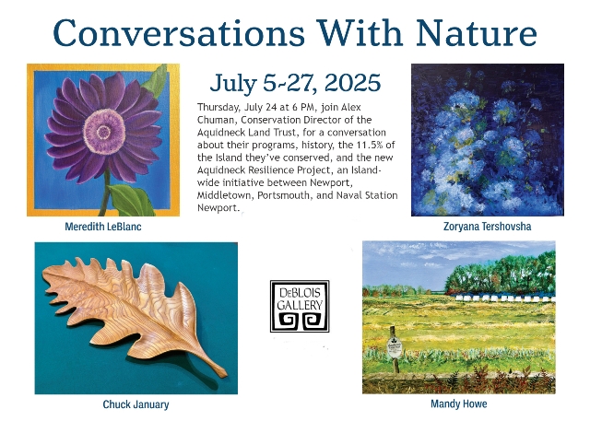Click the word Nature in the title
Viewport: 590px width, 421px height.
pos(477,32)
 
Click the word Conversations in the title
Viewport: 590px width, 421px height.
pos(178,32)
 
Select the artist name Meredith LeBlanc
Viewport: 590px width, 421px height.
pos(103,227)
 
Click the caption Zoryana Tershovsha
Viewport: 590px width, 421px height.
pos(488,227)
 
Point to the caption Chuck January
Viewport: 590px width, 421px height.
pos(136,404)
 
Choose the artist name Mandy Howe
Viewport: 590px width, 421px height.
pos(459,404)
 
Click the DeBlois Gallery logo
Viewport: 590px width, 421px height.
pos(300,306)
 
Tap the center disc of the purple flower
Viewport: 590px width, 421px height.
pos(104,132)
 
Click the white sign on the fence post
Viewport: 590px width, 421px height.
pos(394,348)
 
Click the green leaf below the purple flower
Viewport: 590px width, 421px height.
pos(130,199)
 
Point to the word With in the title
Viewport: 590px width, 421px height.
pos(360,32)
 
